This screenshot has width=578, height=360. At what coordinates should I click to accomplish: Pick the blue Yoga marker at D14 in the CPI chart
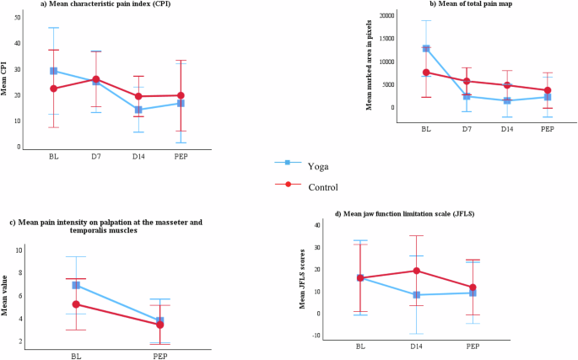tap(138, 110)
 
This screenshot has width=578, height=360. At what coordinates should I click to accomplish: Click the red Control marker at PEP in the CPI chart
tap(180, 95)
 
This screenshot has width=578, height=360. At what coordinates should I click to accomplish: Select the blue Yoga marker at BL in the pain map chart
tap(427, 49)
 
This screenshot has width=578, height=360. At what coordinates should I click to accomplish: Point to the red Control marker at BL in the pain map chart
tap(427, 73)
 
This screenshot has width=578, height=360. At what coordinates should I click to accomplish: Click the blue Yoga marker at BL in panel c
tap(76, 286)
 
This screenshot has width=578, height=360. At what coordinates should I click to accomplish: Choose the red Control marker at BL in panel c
tap(76, 304)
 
